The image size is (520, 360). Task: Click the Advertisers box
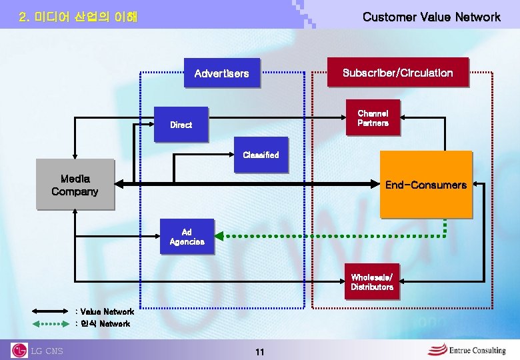(x=221, y=73)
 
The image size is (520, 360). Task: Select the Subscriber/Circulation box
(x=397, y=73)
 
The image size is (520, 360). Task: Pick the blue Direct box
(x=181, y=125)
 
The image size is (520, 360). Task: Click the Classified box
(x=261, y=155)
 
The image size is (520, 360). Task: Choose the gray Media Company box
(x=75, y=185)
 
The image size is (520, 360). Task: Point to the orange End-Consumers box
(x=425, y=185)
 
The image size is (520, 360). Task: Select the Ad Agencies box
(x=187, y=237)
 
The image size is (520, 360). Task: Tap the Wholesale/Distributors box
(x=372, y=282)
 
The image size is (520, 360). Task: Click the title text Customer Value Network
(x=431, y=17)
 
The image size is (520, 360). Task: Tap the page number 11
(x=260, y=351)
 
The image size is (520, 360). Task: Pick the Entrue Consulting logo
(x=466, y=349)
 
